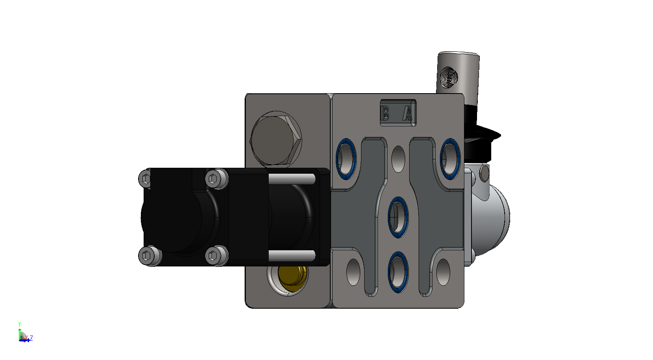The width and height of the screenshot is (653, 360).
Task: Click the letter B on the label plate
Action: click(385, 113)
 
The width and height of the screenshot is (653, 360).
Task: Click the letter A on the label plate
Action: click(408, 113)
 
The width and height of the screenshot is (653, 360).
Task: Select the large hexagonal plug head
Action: click(276, 140)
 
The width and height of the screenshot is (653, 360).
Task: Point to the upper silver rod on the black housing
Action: click(292, 179)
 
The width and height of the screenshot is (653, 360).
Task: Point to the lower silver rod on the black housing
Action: click(292, 255)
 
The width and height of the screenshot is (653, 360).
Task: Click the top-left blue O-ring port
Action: click(346, 159)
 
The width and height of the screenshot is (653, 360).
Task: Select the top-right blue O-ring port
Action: click(450, 159)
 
